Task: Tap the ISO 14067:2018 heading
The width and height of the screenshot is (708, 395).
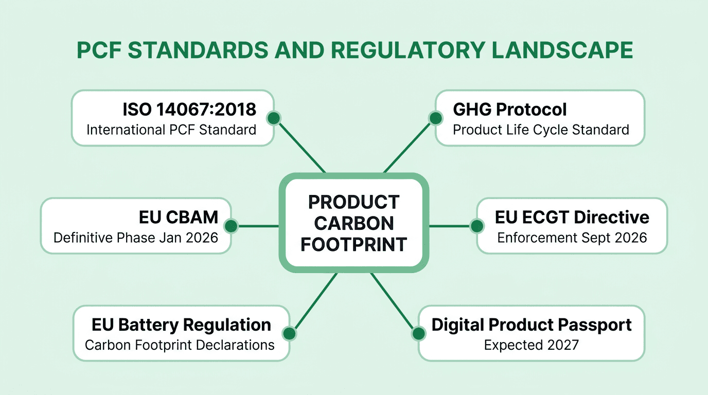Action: tap(189, 109)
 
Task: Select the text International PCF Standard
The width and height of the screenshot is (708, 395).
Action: tap(171, 130)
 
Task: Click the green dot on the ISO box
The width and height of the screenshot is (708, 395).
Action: tap(274, 118)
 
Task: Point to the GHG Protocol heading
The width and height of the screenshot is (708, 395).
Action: tap(509, 109)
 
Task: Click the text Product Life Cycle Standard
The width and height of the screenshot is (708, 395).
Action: tap(541, 130)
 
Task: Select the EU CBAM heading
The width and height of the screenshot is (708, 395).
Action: tap(179, 217)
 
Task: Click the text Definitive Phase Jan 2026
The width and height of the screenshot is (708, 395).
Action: tap(136, 238)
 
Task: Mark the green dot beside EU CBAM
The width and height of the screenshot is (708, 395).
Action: tap(231, 226)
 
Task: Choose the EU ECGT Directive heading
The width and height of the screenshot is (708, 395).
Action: tap(572, 217)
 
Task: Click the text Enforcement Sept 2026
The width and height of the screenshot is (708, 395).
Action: tap(572, 238)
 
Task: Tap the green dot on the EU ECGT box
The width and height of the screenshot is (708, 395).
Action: tap(477, 226)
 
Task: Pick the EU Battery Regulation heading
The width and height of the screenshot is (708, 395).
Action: tap(181, 325)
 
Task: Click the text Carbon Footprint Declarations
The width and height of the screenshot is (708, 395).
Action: tap(180, 345)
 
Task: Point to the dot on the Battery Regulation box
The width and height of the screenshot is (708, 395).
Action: tap(290, 333)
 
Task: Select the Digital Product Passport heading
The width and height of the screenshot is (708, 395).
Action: tap(532, 325)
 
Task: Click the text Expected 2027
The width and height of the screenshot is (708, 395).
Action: tap(532, 345)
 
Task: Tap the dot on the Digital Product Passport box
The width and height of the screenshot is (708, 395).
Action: tap(418, 333)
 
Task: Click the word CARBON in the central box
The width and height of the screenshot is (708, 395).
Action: tap(354, 223)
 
